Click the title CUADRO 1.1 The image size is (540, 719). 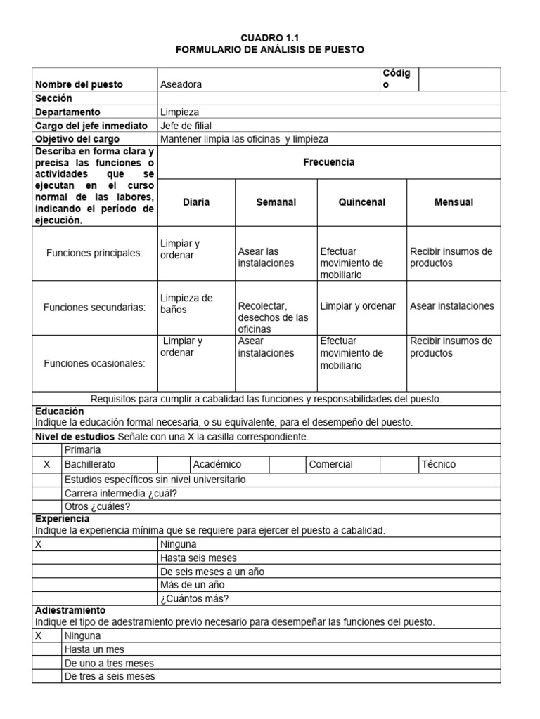pyautogui.click(x=269, y=37)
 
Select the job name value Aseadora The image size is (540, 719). pyautogui.click(x=181, y=84)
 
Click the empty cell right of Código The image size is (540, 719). pyautogui.click(x=459, y=79)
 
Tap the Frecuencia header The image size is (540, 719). pyautogui.click(x=328, y=162)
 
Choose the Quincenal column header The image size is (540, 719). pyautogui.click(x=361, y=202)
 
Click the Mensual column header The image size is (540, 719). pyautogui.click(x=454, y=202)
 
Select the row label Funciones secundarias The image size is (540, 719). pyautogui.click(x=94, y=307)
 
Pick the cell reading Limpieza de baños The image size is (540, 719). pyautogui.click(x=186, y=303)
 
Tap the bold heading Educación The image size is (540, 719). pyautogui.click(x=58, y=411)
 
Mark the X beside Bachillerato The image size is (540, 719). pyautogui.click(x=46, y=464)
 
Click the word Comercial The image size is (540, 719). pyautogui.click(x=330, y=464)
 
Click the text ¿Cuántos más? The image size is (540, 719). pyautogui.click(x=194, y=598)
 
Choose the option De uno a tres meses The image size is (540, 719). pyautogui.click(x=109, y=663)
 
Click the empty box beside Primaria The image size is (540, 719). pyautogui.click(x=46, y=449)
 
